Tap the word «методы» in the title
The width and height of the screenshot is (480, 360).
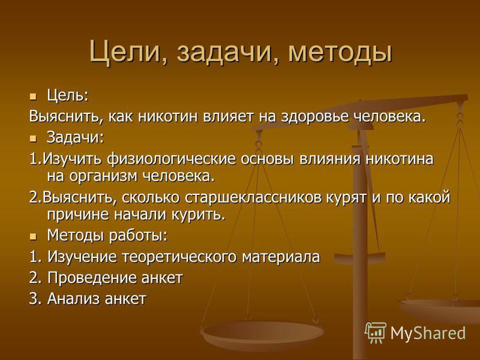[340, 52]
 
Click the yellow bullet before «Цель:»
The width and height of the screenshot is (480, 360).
[33, 97]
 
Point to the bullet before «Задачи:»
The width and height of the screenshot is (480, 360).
[33, 139]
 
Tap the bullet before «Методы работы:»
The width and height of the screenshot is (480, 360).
[33, 236]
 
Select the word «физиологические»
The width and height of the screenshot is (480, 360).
[172, 159]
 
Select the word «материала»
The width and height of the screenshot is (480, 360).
[281, 257]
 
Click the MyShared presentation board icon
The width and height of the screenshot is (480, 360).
[376, 332]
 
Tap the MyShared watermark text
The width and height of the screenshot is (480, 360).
[428, 333]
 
